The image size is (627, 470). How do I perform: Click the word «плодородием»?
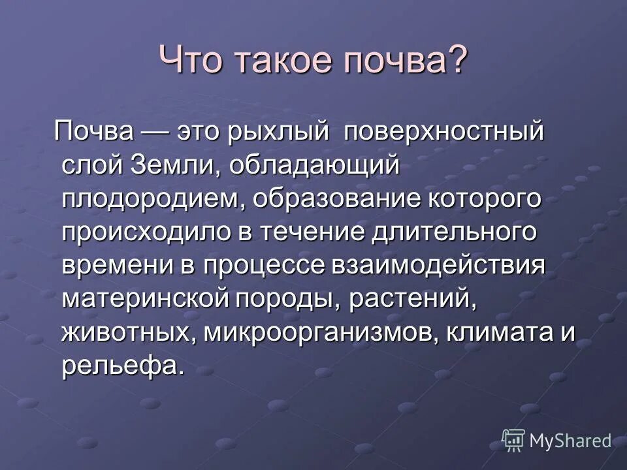[154, 199]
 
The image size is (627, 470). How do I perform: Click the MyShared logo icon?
[513, 440]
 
